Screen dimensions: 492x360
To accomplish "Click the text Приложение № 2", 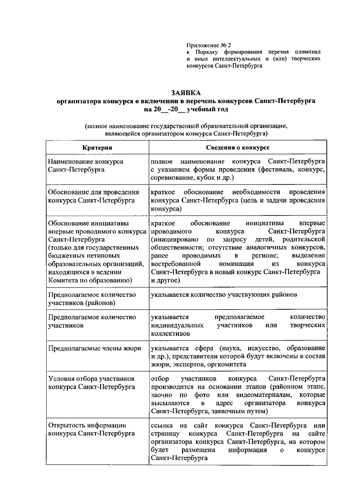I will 209,46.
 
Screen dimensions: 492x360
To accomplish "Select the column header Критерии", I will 97,148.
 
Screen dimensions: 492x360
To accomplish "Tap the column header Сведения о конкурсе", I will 238,148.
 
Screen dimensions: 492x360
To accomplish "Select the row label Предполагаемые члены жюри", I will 94,348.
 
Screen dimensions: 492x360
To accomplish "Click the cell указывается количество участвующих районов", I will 224,295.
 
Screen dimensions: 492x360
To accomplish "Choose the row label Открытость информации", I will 87,425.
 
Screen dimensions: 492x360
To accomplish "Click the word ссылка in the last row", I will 162,425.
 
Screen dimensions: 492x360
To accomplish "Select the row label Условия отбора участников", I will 91,379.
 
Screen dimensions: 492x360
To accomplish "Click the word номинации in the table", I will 236,264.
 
